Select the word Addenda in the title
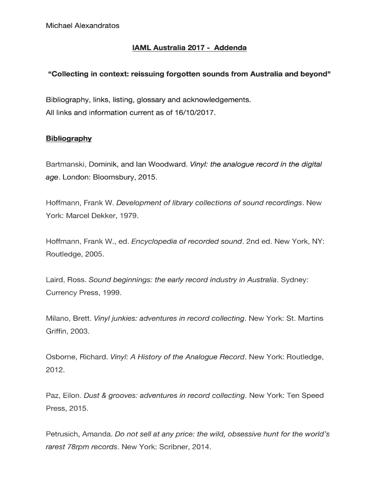[230, 48]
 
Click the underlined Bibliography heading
[68, 139]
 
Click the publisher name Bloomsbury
[116, 177]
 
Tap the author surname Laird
[55, 279]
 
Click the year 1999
[110, 292]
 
